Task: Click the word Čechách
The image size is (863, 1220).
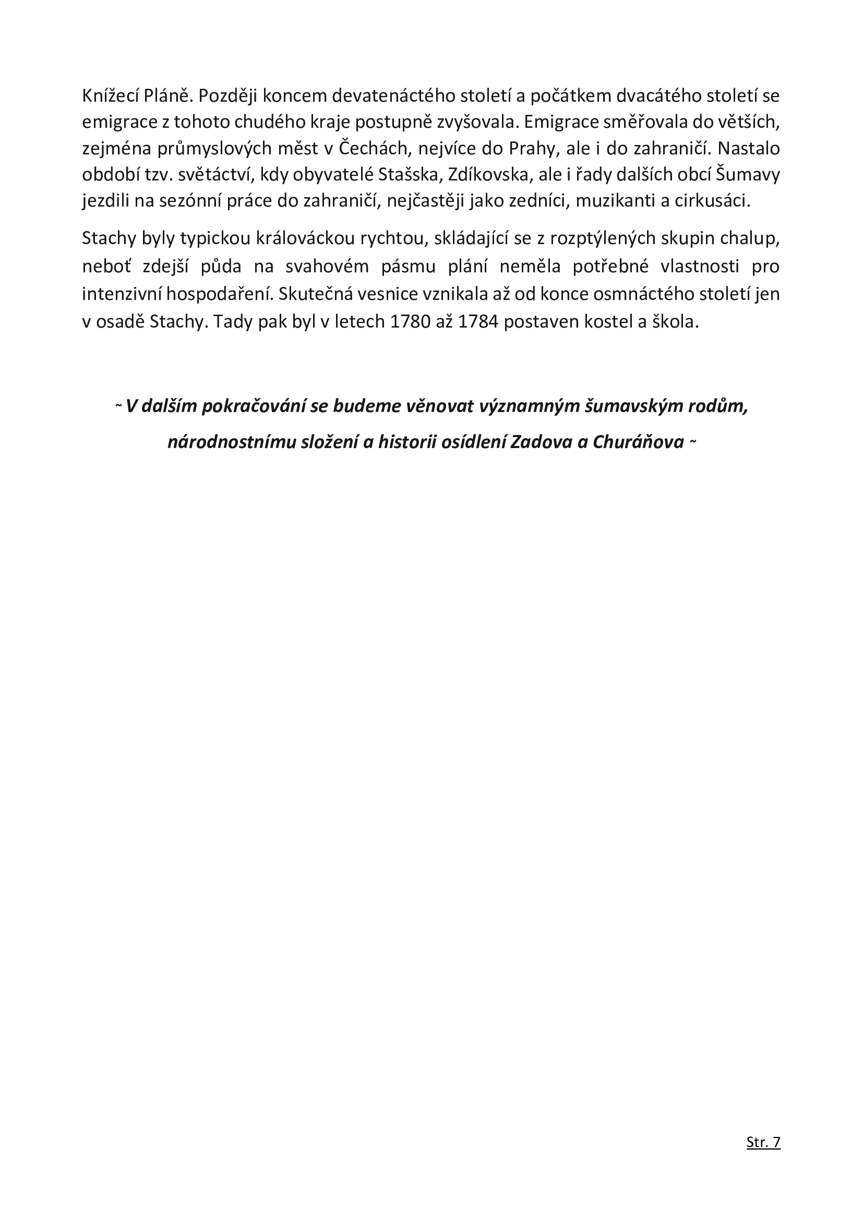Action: [x=375, y=148]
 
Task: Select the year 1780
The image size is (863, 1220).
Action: [x=410, y=322]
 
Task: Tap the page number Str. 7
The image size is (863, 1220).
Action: [x=763, y=1156]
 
